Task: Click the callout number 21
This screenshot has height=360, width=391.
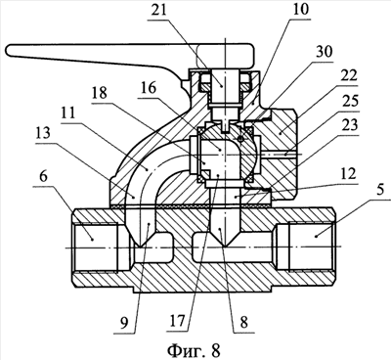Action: pos(158,10)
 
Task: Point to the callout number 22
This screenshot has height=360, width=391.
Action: pos(348,76)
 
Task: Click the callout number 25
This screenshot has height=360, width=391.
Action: pos(349,101)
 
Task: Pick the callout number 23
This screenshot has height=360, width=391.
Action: pos(348,125)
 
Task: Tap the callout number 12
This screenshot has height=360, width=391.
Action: pos(348,174)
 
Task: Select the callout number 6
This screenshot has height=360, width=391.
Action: pos(44,176)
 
